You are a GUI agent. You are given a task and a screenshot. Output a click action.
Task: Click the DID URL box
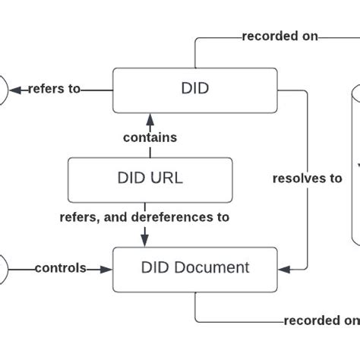pyautogui.click(x=150, y=178)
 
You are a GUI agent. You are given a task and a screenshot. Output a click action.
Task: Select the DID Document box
pyautogui.click(x=194, y=268)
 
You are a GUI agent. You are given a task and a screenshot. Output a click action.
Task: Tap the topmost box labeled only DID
pyautogui.click(x=194, y=89)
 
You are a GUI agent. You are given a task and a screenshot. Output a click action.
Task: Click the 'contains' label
pyautogui.click(x=150, y=137)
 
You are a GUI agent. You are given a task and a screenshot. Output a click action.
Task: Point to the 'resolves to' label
pyautogui.click(x=307, y=178)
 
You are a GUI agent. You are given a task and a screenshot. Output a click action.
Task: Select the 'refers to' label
pyautogui.click(x=54, y=89)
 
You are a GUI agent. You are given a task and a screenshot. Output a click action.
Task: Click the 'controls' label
pyautogui.click(x=60, y=268)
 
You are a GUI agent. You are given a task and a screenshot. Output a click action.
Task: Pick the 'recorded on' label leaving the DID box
pyautogui.click(x=269, y=36)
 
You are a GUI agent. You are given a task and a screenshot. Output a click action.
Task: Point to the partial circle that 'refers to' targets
pyautogui.click(x=4, y=89)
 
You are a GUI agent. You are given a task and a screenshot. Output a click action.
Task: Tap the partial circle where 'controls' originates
pyautogui.click(x=4, y=268)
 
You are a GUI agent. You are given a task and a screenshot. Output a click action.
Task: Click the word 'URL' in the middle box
pyautogui.click(x=166, y=178)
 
